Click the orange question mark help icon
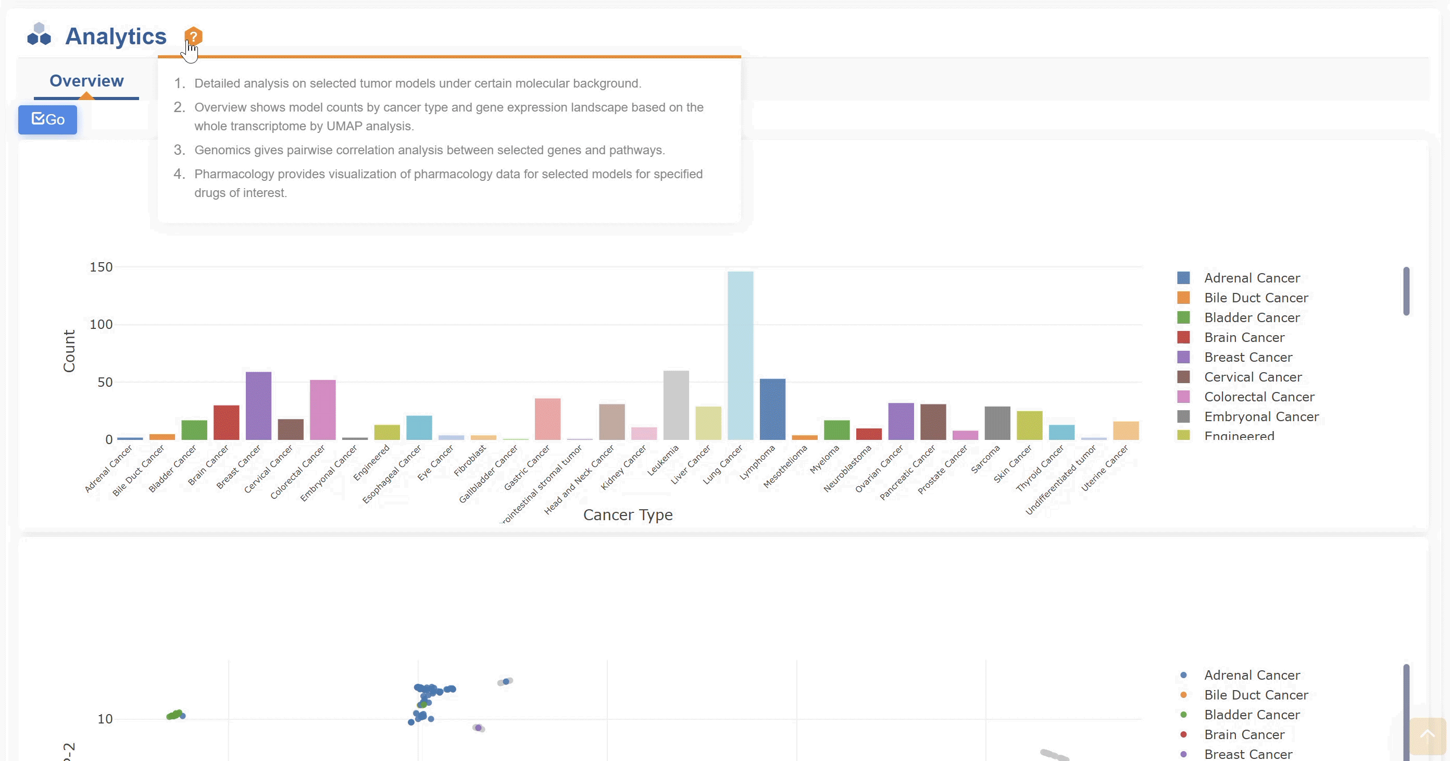(x=193, y=36)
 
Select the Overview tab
(x=86, y=81)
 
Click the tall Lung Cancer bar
(x=740, y=355)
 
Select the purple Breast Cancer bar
(x=258, y=406)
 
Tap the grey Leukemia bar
(x=676, y=405)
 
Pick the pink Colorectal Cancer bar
(x=322, y=410)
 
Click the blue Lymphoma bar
(x=772, y=409)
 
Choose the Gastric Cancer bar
(x=547, y=419)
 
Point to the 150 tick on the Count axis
(x=102, y=267)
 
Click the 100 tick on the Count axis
(x=102, y=324)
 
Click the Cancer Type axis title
(x=628, y=515)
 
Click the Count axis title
(x=69, y=351)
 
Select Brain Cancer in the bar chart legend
(x=1244, y=337)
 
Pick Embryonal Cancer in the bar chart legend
(x=1261, y=417)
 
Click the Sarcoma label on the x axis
(x=985, y=459)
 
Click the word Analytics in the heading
(x=116, y=36)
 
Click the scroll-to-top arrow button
(x=1427, y=735)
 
